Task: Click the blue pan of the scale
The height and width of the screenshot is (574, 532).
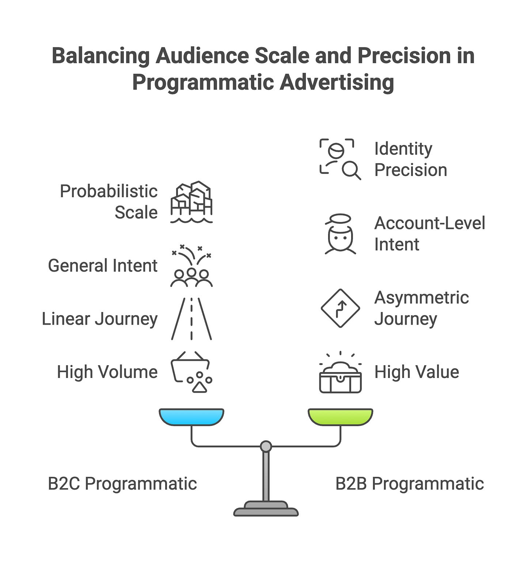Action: click(191, 417)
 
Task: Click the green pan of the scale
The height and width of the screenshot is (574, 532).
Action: click(340, 417)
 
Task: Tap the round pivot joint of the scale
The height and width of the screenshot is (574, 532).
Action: click(266, 446)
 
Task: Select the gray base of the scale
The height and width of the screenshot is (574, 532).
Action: click(266, 509)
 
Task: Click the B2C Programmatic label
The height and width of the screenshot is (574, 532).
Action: click(122, 483)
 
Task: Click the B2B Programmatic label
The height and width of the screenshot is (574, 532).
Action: click(409, 483)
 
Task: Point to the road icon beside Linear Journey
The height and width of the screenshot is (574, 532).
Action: click(191, 319)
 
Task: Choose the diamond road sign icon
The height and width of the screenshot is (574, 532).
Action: click(340, 308)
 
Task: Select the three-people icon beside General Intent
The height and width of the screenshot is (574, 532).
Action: click(191, 270)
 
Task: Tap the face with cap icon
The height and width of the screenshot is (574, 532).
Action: click(340, 234)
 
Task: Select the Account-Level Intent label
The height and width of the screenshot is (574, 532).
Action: click(429, 234)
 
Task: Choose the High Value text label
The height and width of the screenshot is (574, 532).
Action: click(417, 372)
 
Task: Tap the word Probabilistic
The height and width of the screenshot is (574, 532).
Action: click(109, 191)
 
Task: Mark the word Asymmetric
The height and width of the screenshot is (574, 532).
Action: click(421, 298)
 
